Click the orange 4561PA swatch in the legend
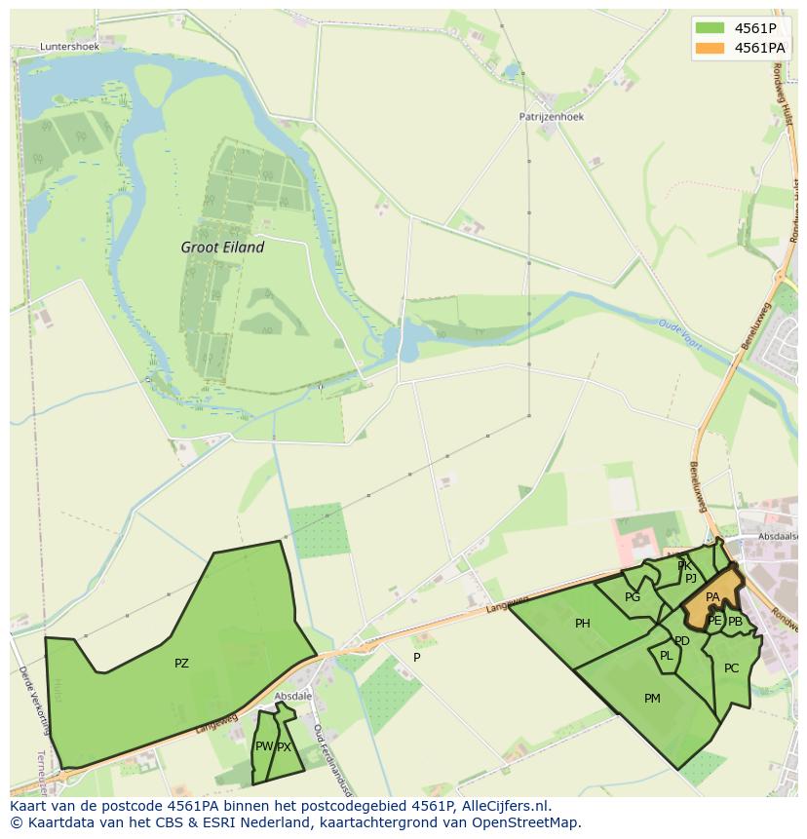pyautogui.click(x=710, y=47)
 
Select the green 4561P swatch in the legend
pyautogui.click(x=710, y=27)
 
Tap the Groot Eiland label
pyautogui.click(x=222, y=248)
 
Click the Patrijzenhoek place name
pyautogui.click(x=551, y=116)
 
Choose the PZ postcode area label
pyautogui.click(x=181, y=664)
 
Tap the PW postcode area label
pyautogui.click(x=263, y=746)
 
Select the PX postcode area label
pyautogui.click(x=284, y=747)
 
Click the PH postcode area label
pyautogui.click(x=582, y=624)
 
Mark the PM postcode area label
pyautogui.click(x=652, y=698)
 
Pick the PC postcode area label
pyautogui.click(x=731, y=667)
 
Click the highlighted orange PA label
pyautogui.click(x=712, y=597)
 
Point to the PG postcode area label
pyautogui.click(x=633, y=597)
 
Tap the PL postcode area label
pyautogui.click(x=667, y=656)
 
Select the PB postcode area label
pyautogui.click(x=735, y=621)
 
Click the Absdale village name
pyautogui.click(x=292, y=696)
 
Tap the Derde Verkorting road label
pyautogui.click(x=32, y=701)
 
